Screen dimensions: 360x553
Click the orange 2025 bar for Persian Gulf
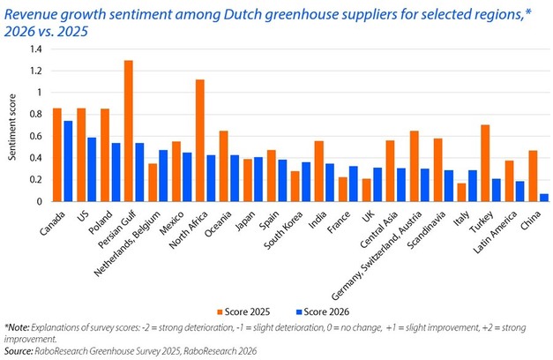(129, 131)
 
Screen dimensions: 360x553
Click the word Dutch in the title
(206, 11)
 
